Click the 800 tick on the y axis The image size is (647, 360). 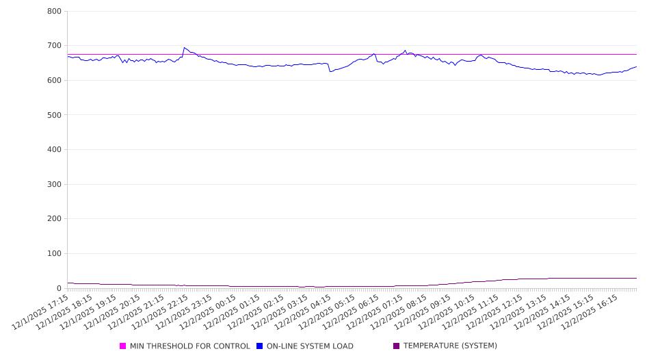(54, 12)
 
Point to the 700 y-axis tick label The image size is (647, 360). (54, 46)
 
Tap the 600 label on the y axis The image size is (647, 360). (54, 81)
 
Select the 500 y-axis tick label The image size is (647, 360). (54, 115)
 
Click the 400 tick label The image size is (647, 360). (54, 150)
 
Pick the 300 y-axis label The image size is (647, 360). (54, 184)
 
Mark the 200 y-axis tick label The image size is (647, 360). (54, 219)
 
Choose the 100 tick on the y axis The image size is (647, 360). (54, 254)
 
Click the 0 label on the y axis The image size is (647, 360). (59, 288)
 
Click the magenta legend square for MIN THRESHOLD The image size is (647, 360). (123, 346)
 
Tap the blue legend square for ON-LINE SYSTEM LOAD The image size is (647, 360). (260, 346)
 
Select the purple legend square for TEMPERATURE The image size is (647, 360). (396, 346)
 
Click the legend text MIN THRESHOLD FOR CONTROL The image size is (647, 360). (189, 346)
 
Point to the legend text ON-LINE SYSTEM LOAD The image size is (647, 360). (310, 346)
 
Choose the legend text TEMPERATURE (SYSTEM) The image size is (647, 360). (450, 346)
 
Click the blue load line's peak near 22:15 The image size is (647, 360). (184, 48)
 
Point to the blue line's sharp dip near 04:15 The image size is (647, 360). (330, 71)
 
